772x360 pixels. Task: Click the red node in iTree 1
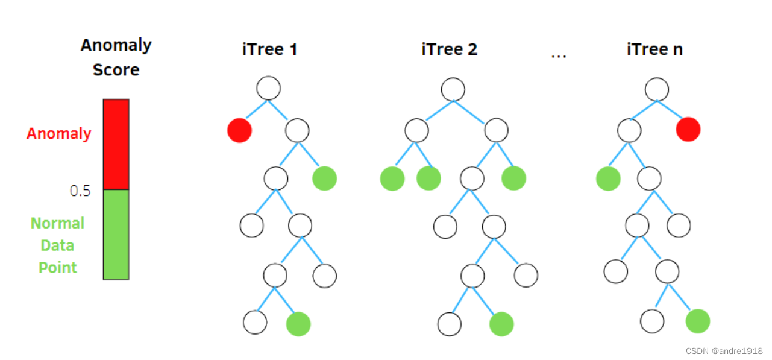[x=239, y=130]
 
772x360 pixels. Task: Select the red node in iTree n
[x=688, y=129]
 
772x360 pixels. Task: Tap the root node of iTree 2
[x=453, y=90]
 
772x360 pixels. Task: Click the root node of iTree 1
[x=268, y=89]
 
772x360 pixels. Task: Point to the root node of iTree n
[x=657, y=90]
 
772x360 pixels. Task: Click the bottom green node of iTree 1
[x=298, y=324]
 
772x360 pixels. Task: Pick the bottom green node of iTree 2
[x=501, y=324]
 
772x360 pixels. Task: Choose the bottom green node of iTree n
[x=698, y=321]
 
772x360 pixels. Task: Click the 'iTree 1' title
[x=269, y=49]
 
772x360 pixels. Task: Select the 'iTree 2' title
[x=449, y=49]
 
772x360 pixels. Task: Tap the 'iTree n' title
[x=654, y=49]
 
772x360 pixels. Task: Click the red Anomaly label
[x=58, y=133]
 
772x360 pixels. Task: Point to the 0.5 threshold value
[x=80, y=191]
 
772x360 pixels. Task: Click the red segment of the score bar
[x=116, y=144]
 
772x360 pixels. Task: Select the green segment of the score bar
[x=116, y=235]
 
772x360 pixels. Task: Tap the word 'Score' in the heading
[x=116, y=70]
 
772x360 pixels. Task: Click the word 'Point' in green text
[x=58, y=267]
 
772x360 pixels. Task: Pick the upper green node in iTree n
[x=608, y=179]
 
